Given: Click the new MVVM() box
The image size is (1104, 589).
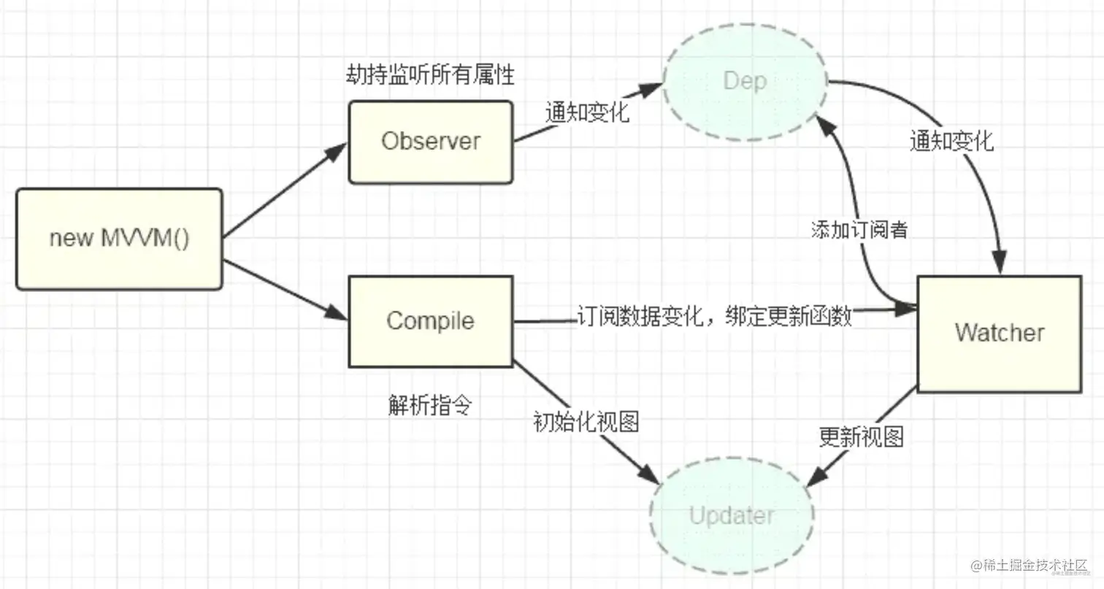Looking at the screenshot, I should click(119, 239).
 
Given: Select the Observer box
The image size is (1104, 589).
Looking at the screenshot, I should click(431, 142).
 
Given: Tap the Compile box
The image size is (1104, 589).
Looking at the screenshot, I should click(431, 321).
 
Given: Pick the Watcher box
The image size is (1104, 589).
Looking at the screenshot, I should click(999, 334).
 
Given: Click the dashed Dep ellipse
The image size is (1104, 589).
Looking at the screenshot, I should click(745, 80).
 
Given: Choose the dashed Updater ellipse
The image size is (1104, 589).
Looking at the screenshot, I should click(732, 517).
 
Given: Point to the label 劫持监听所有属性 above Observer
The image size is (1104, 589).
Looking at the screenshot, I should click(430, 75).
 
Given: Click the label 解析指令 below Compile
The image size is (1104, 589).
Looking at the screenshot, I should click(430, 406).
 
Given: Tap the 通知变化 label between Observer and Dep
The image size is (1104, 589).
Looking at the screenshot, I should click(587, 113).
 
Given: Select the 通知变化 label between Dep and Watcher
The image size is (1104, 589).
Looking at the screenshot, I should click(951, 141).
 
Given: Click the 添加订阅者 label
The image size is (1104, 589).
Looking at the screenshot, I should click(859, 230).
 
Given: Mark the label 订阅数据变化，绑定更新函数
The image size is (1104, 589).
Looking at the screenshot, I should click(714, 317).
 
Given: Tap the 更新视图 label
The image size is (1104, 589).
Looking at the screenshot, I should click(862, 437).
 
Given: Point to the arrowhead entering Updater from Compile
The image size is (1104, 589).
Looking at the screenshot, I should click(649, 473).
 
